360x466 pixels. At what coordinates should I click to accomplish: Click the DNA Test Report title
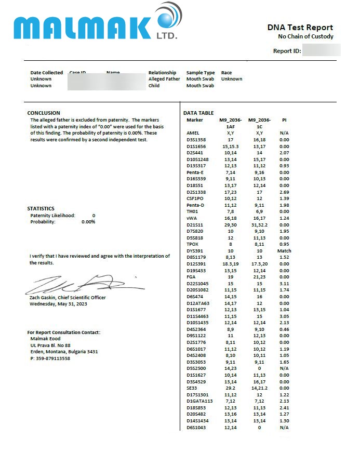(x=300, y=28)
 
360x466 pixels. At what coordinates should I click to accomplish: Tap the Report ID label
(x=287, y=51)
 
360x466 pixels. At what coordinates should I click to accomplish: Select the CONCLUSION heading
(x=44, y=113)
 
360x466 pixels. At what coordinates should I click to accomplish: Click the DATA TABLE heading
(x=198, y=113)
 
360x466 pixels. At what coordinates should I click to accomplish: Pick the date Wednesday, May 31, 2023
(x=58, y=304)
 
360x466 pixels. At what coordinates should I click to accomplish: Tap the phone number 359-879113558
(x=50, y=358)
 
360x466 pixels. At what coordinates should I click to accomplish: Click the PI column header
(x=284, y=120)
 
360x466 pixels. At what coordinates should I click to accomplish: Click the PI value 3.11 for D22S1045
(x=284, y=284)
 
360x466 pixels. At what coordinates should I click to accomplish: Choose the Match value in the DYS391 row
(x=284, y=251)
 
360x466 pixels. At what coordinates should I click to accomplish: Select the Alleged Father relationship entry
(x=164, y=79)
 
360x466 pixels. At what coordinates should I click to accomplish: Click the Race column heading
(x=226, y=73)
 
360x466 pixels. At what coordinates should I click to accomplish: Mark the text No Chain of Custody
(x=305, y=36)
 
